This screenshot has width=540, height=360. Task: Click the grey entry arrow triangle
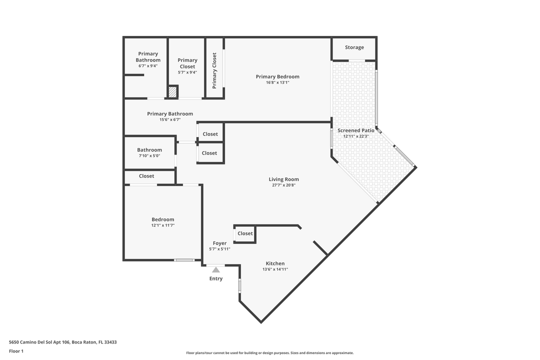tap(216, 269)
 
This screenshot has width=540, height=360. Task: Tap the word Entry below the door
tap(216, 278)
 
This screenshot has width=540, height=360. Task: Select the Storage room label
tap(354, 47)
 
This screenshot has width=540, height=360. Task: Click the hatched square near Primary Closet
tap(172, 92)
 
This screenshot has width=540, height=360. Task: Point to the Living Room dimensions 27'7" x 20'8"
tap(283, 185)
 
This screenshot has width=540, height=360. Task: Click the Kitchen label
tap(275, 263)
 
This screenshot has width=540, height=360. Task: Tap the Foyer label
tap(219, 243)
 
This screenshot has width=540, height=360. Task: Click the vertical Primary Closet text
tap(214, 70)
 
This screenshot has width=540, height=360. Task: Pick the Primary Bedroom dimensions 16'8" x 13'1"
tap(277, 82)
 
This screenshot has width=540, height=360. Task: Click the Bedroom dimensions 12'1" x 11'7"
tap(163, 225)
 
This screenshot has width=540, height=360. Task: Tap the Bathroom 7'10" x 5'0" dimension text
tap(149, 156)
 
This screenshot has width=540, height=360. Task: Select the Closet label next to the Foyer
tap(245, 233)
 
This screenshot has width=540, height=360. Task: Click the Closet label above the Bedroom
tap(146, 176)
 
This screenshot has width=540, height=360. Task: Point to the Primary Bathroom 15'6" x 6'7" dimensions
tap(170, 119)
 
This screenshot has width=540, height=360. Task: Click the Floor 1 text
tap(16, 351)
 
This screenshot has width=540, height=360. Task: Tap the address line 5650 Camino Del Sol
tap(63, 342)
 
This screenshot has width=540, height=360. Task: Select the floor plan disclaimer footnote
tap(270, 353)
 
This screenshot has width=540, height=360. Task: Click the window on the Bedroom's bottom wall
tap(184, 260)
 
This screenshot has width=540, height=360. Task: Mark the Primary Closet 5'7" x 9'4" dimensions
tap(187, 72)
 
